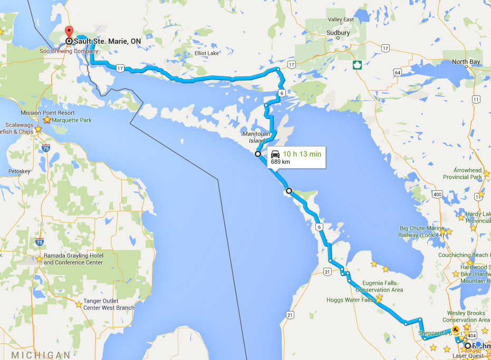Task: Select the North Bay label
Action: click(466, 62)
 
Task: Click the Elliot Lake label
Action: click(207, 53)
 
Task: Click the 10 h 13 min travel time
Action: click(302, 153)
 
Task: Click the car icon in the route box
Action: click(275, 154)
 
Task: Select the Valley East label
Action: click(341, 20)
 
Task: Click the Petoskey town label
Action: click(20, 171)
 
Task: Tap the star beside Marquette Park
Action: click(47, 120)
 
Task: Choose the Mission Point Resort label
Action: click(47, 113)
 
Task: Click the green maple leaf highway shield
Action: click(357, 65)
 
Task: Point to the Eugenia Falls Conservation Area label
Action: click(379, 286)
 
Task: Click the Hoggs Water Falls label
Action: click(350, 300)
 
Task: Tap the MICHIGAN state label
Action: click(41, 355)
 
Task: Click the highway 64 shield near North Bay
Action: click(397, 72)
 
